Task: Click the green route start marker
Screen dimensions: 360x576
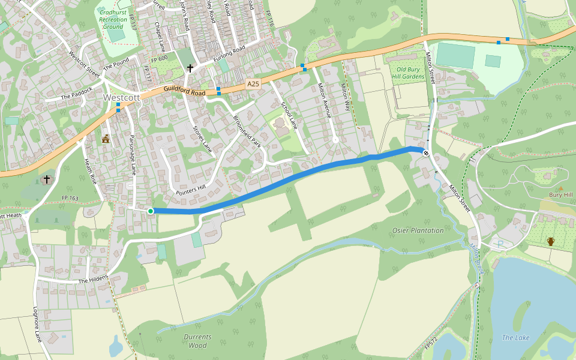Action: click(150, 211)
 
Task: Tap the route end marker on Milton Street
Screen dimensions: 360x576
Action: click(426, 154)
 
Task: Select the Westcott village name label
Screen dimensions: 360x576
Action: click(121, 97)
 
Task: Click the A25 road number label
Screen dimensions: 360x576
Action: click(254, 86)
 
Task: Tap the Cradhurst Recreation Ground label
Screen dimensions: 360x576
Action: click(113, 19)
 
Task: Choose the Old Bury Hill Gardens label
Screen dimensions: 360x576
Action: click(410, 73)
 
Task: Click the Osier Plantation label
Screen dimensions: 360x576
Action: click(418, 230)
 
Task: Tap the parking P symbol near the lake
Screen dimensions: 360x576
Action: click(500, 244)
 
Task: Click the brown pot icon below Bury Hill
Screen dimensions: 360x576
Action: click(550, 241)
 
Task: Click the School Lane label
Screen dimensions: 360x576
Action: click(289, 115)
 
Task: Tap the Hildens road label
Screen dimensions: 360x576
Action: click(93, 279)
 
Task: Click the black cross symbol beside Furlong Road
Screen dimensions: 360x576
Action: click(190, 68)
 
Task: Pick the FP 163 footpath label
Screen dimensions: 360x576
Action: click(70, 197)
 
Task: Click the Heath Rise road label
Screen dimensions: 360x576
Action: click(90, 171)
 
